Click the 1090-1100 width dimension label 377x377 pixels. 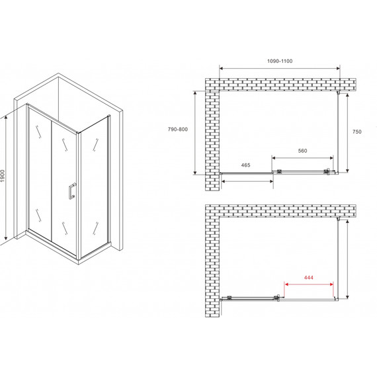(280, 61)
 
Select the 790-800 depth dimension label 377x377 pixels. (178, 130)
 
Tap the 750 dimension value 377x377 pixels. (356, 132)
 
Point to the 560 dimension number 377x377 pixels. (302, 151)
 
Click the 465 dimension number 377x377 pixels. (245, 165)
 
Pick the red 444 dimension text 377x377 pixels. (309, 278)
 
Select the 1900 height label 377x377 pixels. (3, 176)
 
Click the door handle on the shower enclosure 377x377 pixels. (72, 191)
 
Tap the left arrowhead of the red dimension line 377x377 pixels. (286, 284)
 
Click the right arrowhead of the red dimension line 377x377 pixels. (331, 284)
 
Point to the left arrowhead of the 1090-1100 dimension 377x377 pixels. (221, 69)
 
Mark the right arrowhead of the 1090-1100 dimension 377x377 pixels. (338, 69)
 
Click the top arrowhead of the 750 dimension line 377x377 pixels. (347, 96)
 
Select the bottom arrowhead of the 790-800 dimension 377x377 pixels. (195, 173)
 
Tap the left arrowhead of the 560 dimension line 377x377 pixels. (274, 158)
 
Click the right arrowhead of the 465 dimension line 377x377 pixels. (271, 181)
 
